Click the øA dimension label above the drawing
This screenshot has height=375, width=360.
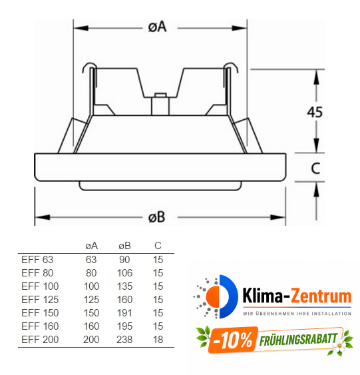coord(157,27)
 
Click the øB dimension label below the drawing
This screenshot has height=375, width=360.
coord(157,217)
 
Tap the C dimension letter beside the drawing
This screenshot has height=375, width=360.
coord(317,170)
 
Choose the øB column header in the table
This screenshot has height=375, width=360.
coord(124,246)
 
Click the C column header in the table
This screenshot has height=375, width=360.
coord(158,246)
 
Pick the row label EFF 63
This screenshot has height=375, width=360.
coord(37,259)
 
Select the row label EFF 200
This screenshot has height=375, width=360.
coord(39,339)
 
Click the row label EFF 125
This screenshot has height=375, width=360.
coord(39,299)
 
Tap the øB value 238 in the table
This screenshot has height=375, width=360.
coord(124,339)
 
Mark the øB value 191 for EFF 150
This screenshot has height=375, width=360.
coord(124,312)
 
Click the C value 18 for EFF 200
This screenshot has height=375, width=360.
coord(158,339)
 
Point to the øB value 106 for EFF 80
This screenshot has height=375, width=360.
coord(124,272)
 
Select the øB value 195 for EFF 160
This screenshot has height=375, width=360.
coord(124,326)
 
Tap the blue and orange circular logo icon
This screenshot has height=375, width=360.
coord(216,296)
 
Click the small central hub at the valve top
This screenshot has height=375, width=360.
coord(160,105)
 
